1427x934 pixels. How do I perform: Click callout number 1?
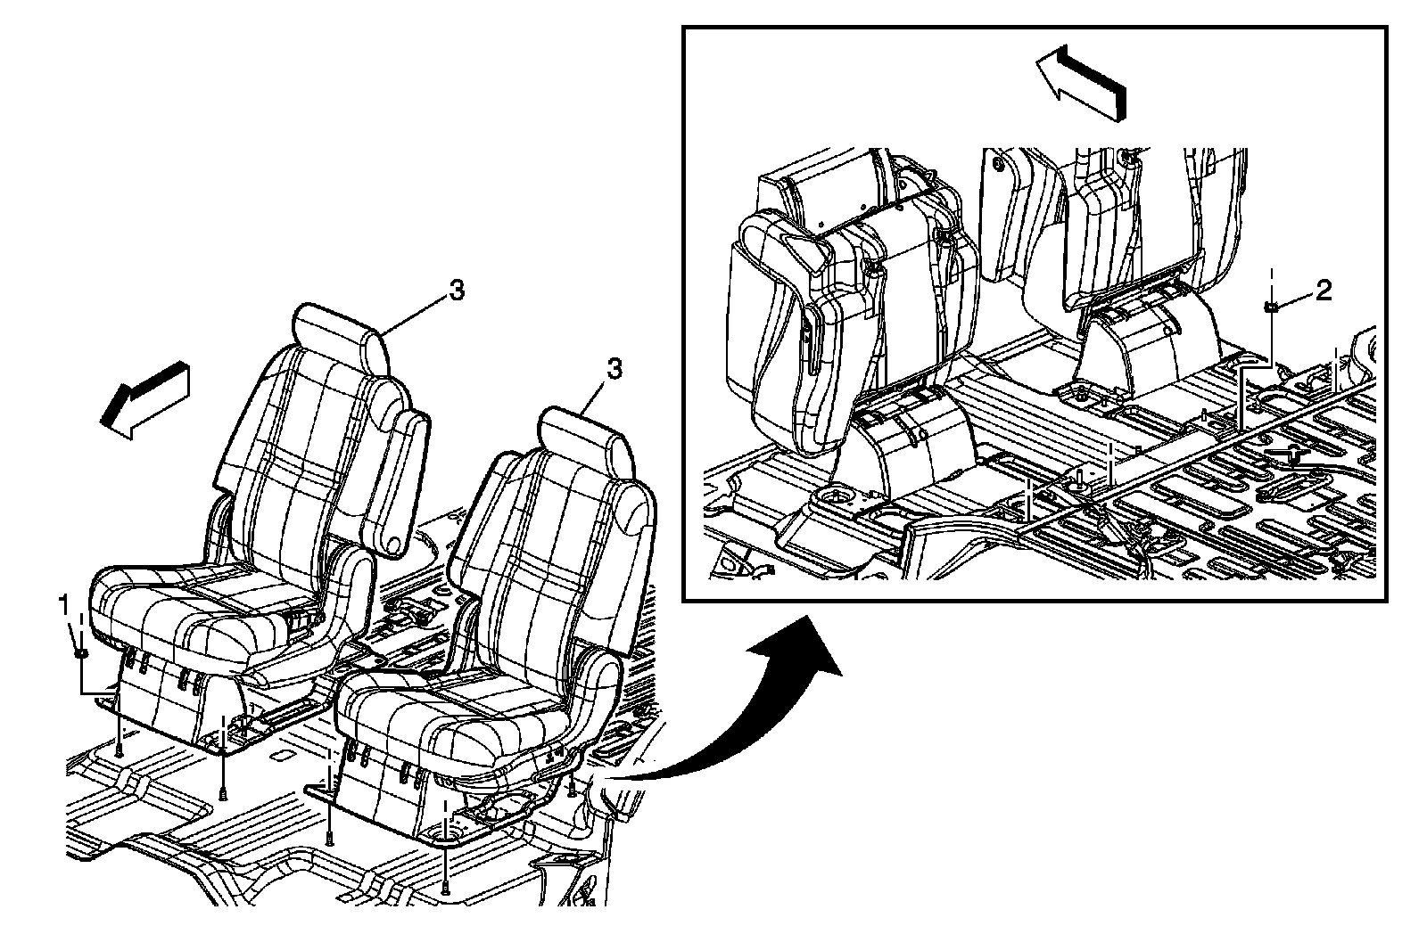[63, 606]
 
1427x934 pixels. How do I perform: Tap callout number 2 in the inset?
[1324, 290]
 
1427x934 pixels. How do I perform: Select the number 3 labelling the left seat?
[456, 291]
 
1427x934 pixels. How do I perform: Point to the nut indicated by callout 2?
[1270, 307]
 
